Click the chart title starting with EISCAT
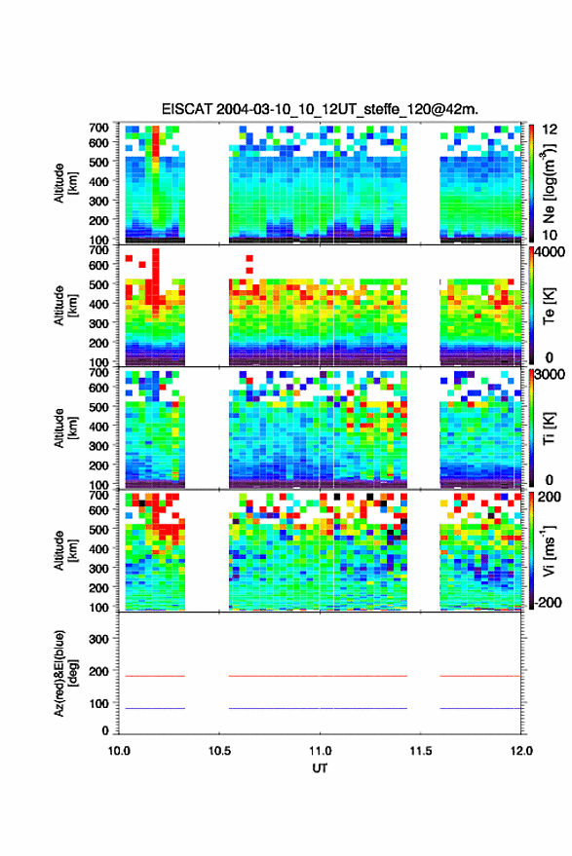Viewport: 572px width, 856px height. click(320, 109)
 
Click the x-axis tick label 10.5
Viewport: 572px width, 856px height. click(219, 751)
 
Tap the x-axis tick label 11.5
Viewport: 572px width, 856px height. click(421, 751)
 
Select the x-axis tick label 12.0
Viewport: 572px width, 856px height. click(521, 751)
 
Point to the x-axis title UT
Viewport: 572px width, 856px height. click(321, 768)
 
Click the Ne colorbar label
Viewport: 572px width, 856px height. click(549, 184)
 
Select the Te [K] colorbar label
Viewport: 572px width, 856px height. click(549, 306)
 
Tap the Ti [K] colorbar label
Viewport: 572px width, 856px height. click(549, 428)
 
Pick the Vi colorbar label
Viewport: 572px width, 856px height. click(549, 550)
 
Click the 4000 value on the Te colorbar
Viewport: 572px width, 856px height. click(550, 253)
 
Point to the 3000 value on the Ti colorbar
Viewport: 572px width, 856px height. click(550, 375)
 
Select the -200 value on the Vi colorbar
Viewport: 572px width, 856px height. click(549, 603)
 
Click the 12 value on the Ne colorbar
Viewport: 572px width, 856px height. click(550, 130)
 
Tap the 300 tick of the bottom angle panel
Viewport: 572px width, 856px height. click(98, 639)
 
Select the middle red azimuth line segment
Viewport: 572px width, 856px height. click(318, 676)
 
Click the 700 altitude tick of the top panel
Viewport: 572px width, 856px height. click(98, 128)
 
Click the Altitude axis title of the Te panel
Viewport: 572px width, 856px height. click(65, 306)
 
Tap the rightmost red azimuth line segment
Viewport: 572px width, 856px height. click(480, 676)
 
